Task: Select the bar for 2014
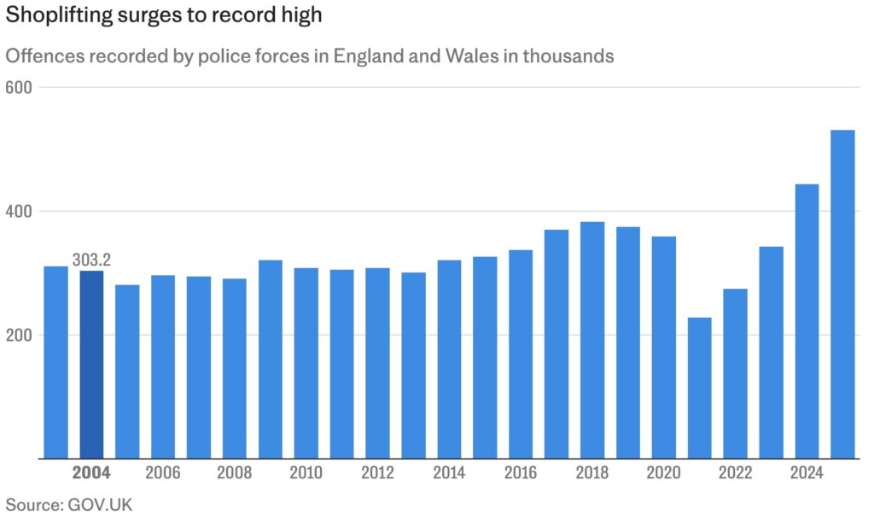tap(449, 359)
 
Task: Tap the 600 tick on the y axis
tap(18, 87)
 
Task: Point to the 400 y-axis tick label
tap(18, 211)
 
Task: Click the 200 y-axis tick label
tap(18, 335)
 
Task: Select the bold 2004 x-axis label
tap(91, 472)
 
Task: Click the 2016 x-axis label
tap(521, 472)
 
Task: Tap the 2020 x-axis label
tap(664, 472)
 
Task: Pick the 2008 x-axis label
tap(235, 472)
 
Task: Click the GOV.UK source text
tap(98, 504)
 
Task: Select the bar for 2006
tap(163, 366)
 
